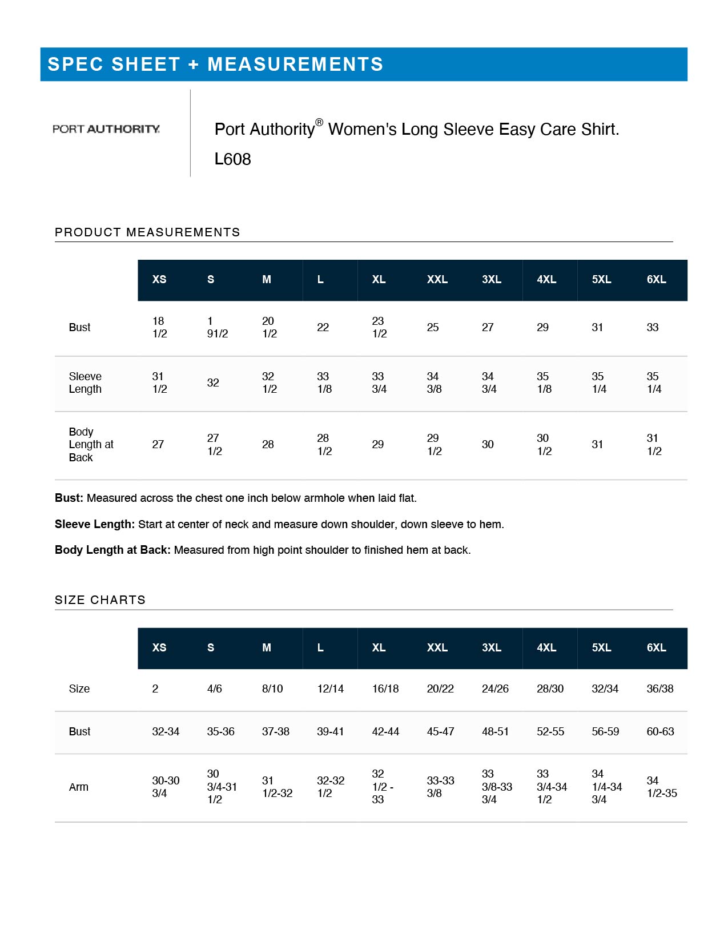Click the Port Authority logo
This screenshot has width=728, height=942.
(x=106, y=129)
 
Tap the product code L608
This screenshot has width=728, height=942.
(x=232, y=159)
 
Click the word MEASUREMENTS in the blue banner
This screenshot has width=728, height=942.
(x=295, y=65)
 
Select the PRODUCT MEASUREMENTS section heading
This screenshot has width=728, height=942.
(x=147, y=232)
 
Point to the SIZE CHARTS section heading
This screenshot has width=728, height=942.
(x=100, y=600)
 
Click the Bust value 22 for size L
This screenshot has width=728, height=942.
(x=323, y=328)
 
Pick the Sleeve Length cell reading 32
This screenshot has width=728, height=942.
(x=213, y=383)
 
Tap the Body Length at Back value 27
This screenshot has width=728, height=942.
(x=158, y=445)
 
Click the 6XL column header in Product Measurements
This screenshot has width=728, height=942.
(x=656, y=280)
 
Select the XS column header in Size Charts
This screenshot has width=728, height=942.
(x=159, y=648)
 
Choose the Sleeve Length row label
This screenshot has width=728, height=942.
(x=85, y=383)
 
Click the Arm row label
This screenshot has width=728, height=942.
(x=79, y=787)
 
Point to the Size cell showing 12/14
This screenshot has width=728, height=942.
(x=330, y=689)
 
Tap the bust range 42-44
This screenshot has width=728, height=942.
(x=385, y=732)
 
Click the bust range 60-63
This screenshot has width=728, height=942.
(x=660, y=732)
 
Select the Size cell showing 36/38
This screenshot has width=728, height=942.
(x=660, y=689)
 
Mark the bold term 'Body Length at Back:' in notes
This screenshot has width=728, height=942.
(x=112, y=550)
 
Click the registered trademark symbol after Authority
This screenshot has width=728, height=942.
(x=319, y=122)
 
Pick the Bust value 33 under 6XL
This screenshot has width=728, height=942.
(x=653, y=328)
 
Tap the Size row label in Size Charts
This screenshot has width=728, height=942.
(x=79, y=689)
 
